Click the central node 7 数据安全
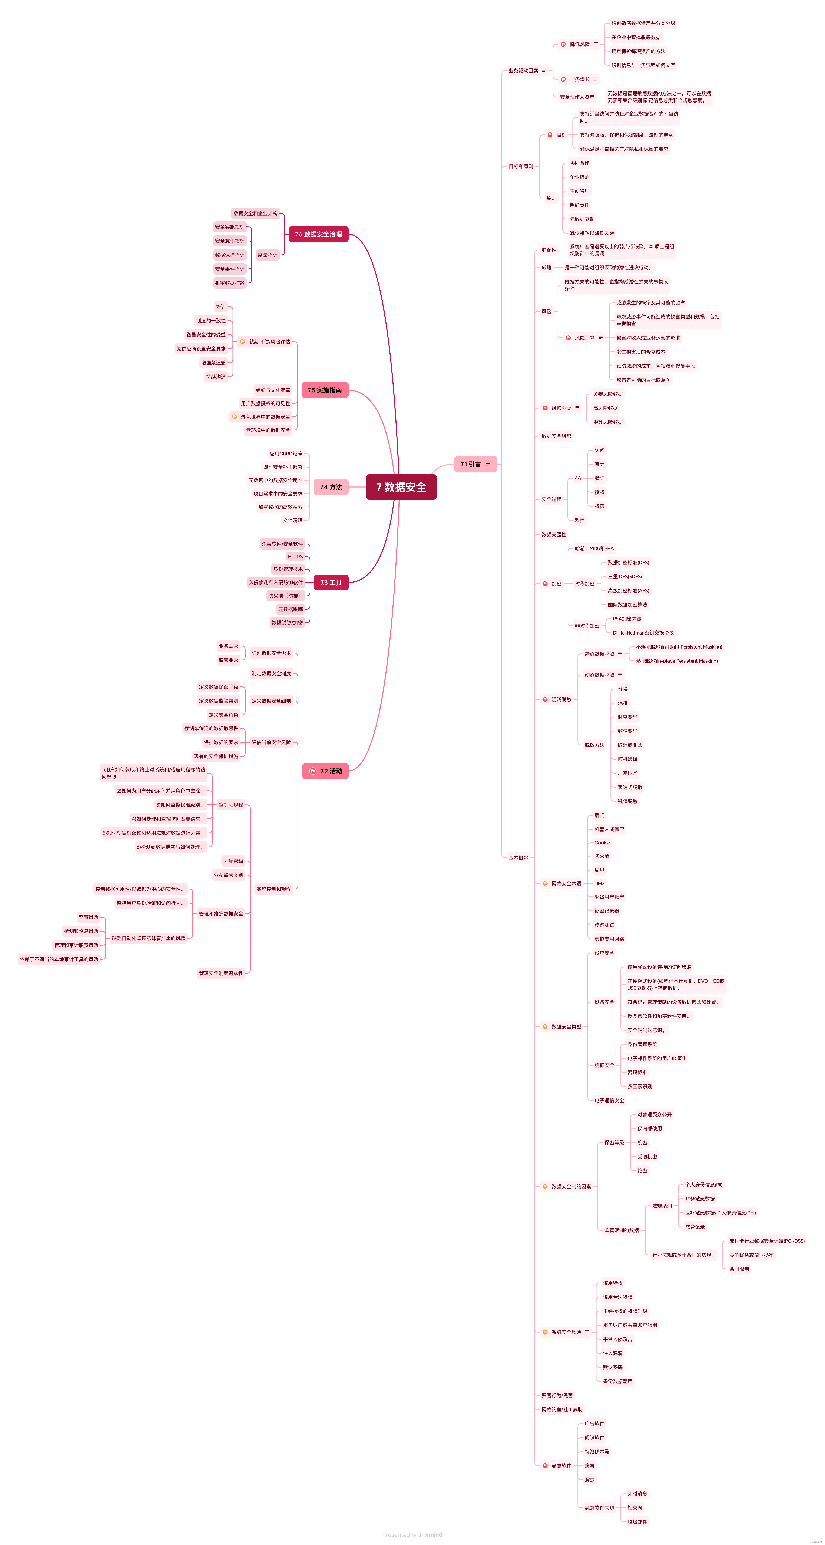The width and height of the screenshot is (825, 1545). (401, 487)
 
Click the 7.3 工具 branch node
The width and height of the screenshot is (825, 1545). (331, 582)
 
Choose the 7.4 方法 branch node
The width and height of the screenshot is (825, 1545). (331, 487)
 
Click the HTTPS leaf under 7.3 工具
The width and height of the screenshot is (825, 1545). (295, 557)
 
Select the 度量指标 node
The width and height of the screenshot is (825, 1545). (268, 255)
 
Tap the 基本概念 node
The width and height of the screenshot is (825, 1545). (518, 858)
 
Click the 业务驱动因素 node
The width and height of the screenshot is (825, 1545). (523, 71)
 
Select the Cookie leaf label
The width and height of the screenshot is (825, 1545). (602, 843)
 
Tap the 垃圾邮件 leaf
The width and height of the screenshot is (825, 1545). (637, 1522)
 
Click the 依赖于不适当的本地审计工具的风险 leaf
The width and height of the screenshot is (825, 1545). (59, 959)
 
